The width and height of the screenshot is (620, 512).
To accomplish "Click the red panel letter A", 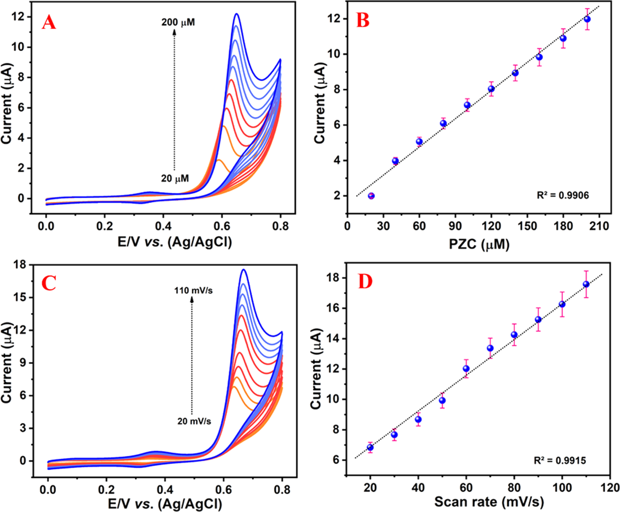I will (49, 23).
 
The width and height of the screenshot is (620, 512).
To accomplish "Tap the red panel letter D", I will (365, 282).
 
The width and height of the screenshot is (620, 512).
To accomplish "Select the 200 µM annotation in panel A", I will (178, 23).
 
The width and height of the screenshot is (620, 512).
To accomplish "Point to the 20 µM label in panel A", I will (175, 179).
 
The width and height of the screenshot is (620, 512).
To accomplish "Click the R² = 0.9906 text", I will (563, 195).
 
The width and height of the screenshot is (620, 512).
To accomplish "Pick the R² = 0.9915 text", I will (560, 460).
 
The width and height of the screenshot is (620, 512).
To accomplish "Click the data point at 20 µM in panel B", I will (371, 196).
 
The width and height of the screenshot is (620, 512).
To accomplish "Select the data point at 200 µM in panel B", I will (587, 19).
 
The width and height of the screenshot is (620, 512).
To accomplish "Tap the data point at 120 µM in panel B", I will (491, 89).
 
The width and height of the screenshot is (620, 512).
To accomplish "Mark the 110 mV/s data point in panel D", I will (586, 284).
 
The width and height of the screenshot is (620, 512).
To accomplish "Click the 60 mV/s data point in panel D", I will (466, 369).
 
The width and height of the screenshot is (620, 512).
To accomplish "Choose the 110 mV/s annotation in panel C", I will (193, 291).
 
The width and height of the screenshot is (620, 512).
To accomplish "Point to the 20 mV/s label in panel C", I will (194, 421).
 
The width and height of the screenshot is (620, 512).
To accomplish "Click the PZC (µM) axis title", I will (479, 244).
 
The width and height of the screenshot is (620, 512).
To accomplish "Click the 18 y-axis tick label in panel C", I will (20, 265).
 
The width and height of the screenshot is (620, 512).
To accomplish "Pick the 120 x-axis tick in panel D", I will (610, 487).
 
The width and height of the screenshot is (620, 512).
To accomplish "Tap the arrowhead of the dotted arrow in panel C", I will (192, 299).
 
